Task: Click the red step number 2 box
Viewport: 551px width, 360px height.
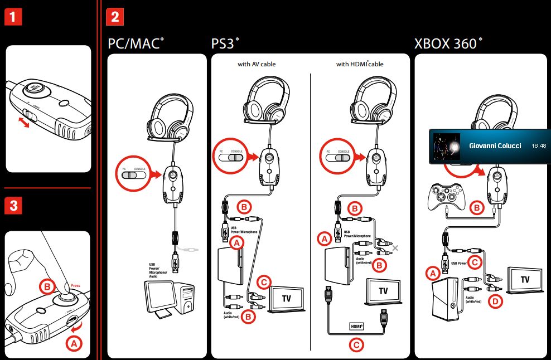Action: [114, 17]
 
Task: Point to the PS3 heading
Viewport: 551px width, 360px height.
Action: [225, 44]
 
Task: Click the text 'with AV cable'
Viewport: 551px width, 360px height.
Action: [257, 64]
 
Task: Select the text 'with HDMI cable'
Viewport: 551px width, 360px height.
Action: [360, 64]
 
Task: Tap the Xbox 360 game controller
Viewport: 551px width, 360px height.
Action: [447, 197]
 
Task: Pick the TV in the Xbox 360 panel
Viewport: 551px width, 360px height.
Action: [525, 278]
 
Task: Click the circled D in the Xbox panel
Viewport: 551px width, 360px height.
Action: [494, 301]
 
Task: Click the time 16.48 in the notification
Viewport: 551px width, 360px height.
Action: [539, 145]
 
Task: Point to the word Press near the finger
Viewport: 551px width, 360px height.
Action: [75, 286]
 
